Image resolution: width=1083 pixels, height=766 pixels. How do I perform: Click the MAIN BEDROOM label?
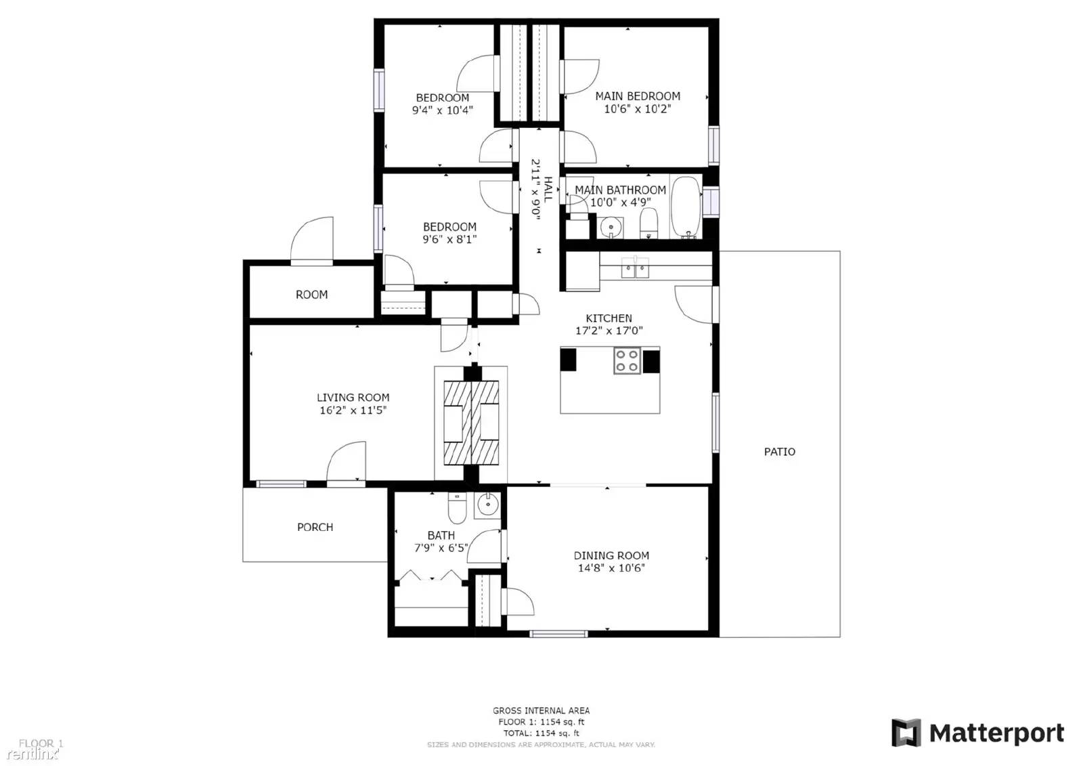pyautogui.click(x=638, y=96)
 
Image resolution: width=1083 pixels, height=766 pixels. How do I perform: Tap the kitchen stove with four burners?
pyautogui.click(x=627, y=360)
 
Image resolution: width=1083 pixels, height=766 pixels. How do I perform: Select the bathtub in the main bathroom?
pyautogui.click(x=686, y=208)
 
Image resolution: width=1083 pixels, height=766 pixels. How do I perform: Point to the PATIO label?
pyautogui.click(x=779, y=452)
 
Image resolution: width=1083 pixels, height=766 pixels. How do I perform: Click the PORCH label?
pyautogui.click(x=315, y=527)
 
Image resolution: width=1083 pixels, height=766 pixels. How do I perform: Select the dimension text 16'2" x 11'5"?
pyautogui.click(x=353, y=410)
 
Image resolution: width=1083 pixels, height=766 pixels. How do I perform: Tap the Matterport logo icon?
pyautogui.click(x=906, y=733)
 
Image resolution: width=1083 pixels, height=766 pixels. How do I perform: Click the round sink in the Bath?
pyautogui.click(x=487, y=505)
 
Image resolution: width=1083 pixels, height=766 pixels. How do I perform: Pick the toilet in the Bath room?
pyautogui.click(x=458, y=509)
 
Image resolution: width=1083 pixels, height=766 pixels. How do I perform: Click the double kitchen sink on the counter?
pyautogui.click(x=635, y=270)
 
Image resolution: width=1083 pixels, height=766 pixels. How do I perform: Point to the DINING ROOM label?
pyautogui.click(x=611, y=555)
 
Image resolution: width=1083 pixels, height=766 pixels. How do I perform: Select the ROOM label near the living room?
pyautogui.click(x=311, y=295)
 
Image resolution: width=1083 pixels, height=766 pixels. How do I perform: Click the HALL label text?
pyautogui.click(x=548, y=189)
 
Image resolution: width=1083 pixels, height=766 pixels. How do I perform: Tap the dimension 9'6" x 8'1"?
pyautogui.click(x=449, y=239)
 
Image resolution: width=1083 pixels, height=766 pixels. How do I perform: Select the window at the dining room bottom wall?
pyautogui.click(x=558, y=634)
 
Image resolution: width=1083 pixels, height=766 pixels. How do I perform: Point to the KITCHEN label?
pyautogui.click(x=609, y=318)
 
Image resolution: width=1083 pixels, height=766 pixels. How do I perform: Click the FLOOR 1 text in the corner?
pyautogui.click(x=41, y=743)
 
